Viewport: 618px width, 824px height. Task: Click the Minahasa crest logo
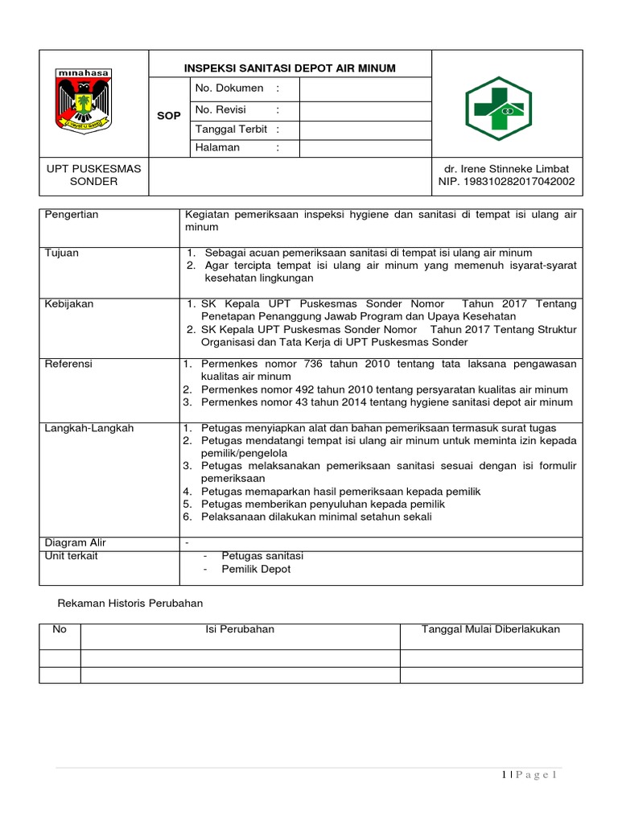coord(84,101)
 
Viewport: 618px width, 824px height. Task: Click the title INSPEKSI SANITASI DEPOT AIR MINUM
coord(290,68)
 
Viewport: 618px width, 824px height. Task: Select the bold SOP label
coord(169,116)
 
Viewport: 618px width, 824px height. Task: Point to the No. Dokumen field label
coord(229,89)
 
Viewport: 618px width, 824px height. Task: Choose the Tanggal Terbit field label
coord(233,130)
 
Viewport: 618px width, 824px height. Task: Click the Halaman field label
coord(217,147)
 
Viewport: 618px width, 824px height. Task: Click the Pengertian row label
coord(72,215)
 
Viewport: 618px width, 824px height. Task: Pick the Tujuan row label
coord(62,253)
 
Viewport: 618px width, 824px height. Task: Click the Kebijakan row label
coord(69,303)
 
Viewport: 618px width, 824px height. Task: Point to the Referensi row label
coord(68,364)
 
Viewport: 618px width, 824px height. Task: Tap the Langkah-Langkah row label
coord(89,428)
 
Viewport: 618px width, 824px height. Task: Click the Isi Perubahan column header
coord(240,629)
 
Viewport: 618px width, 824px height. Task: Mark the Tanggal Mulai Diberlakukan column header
coord(491,629)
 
